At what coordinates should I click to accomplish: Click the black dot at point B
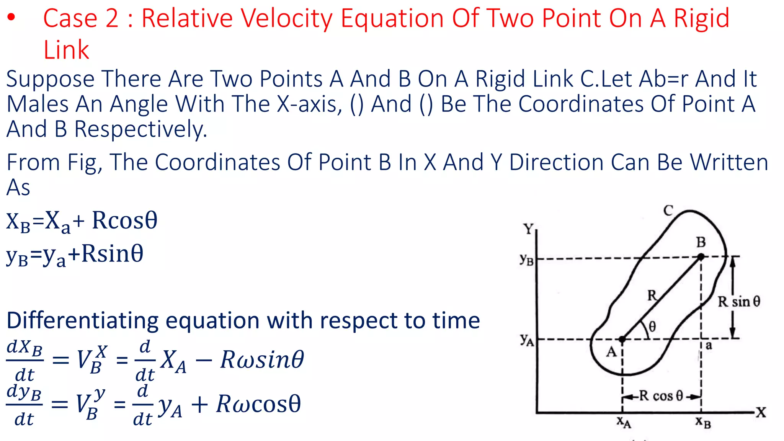tap(701, 257)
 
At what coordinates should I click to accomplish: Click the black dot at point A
tap(622, 339)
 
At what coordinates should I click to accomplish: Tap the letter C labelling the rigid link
tap(668, 211)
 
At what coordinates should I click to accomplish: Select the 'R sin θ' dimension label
tap(739, 302)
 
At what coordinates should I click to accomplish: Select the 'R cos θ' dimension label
tap(661, 396)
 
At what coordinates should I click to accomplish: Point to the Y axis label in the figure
tap(529, 229)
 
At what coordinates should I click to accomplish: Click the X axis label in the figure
tap(761, 412)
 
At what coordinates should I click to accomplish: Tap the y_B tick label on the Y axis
tap(527, 259)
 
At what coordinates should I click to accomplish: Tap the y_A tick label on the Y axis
tap(527, 339)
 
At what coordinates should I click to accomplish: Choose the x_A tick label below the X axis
tap(624, 422)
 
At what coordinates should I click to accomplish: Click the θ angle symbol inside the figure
tap(652, 327)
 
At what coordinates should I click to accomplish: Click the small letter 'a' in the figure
tap(709, 346)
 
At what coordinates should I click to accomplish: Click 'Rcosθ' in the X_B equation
tap(124, 220)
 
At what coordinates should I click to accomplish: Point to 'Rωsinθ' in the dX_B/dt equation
tap(262, 360)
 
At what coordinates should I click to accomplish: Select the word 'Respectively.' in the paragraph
tap(140, 129)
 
